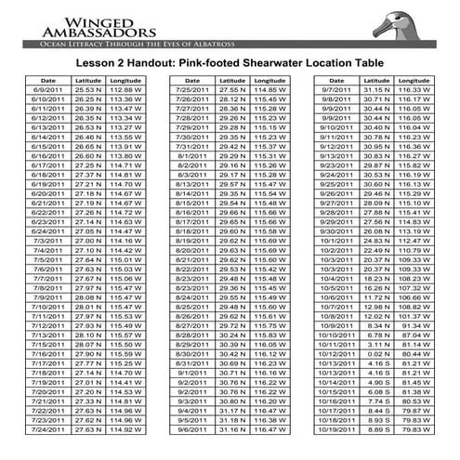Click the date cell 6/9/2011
coord(47,88)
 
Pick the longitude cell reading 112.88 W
coord(125,88)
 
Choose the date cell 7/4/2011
coord(47,250)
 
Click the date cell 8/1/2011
coord(191,156)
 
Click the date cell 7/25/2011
coord(191,88)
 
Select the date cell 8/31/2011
coord(191,362)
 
